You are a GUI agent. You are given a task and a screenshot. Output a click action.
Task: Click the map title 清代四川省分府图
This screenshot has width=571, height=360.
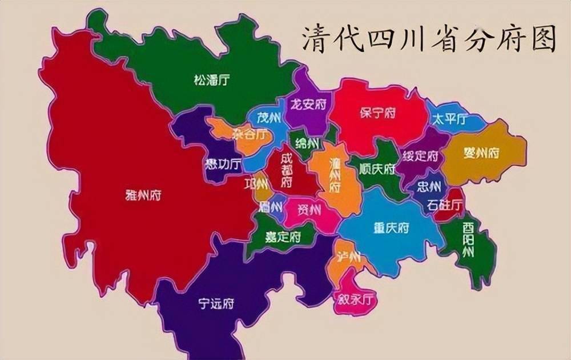click(x=428, y=39)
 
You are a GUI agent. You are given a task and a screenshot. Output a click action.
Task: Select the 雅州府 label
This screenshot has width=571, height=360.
click(x=143, y=195)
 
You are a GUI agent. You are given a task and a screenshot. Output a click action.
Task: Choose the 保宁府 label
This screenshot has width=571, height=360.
click(x=378, y=113)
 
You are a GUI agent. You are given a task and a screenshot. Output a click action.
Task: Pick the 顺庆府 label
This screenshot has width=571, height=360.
click(x=377, y=169)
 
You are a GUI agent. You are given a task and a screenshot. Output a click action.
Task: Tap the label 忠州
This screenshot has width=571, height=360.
click(x=428, y=187)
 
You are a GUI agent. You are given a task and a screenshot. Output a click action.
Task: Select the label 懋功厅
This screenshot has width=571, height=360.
click(x=223, y=165)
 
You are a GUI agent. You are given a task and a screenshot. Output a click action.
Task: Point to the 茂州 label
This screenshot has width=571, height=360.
click(x=268, y=118)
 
